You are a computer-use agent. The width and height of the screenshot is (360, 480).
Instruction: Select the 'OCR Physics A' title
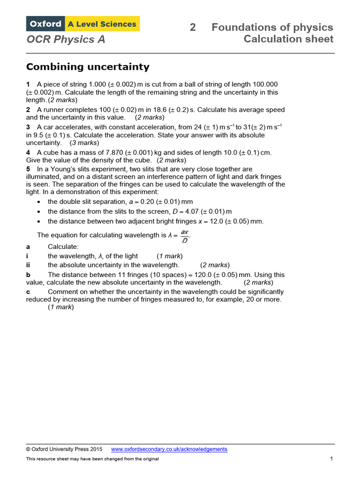click(66, 39)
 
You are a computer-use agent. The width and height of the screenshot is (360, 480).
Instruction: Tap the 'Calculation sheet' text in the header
click(288, 39)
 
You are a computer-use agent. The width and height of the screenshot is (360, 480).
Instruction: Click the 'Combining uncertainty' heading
click(88, 67)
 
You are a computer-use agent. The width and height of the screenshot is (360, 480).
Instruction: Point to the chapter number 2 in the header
click(193, 27)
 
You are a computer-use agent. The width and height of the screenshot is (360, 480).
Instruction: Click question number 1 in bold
click(28, 84)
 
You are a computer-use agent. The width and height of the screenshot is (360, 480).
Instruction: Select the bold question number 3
click(28, 127)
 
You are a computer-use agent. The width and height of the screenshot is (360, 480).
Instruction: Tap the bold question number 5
click(28, 169)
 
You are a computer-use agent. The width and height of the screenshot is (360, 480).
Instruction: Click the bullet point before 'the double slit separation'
click(39, 202)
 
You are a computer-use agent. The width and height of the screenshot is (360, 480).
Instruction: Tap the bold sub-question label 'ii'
click(28, 265)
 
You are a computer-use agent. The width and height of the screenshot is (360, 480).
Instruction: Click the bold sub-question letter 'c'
click(28, 292)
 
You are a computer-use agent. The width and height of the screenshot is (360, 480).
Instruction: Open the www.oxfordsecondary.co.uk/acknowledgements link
click(169, 449)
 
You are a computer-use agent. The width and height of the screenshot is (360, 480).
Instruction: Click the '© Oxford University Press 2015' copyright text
click(64, 449)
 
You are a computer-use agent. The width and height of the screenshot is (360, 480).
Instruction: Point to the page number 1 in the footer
click(331, 458)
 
